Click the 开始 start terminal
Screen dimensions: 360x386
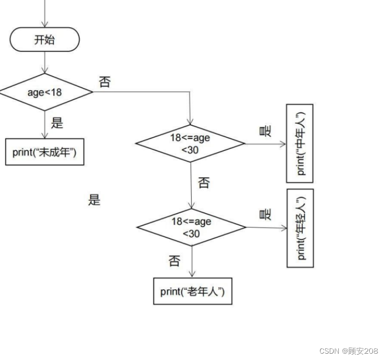45,40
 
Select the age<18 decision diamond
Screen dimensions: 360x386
45,92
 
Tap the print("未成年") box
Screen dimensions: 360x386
45,152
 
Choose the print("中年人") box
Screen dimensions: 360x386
300,143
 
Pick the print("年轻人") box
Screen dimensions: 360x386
300,228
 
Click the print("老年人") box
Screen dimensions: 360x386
192,291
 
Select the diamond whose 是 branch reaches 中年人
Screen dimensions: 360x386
190,143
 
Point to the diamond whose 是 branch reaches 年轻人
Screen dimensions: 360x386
191,227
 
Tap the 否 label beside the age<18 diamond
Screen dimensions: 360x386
105,82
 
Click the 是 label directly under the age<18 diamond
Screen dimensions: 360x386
57,123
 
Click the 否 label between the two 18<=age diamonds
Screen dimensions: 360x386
204,183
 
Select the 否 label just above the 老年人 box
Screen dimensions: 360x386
174,260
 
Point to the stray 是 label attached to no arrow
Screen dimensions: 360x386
94,200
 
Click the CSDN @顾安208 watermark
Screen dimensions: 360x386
348,351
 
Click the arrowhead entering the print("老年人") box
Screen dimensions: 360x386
192,275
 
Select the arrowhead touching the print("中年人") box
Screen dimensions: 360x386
283,143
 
